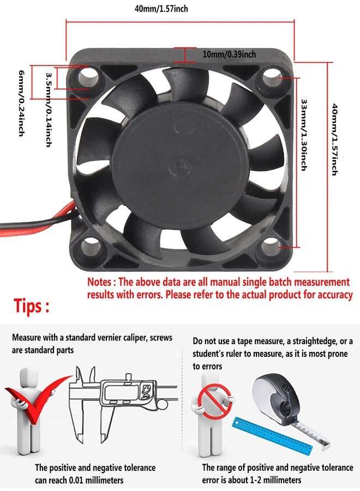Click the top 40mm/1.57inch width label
(x=161, y=8)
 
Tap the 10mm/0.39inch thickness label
(x=229, y=54)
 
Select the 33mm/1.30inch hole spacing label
(x=303, y=135)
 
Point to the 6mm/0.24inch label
(x=21, y=103)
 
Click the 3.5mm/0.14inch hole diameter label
(x=49, y=110)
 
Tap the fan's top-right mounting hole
(x=271, y=77)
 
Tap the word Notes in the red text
(x=99, y=282)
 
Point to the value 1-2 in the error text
(x=251, y=480)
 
